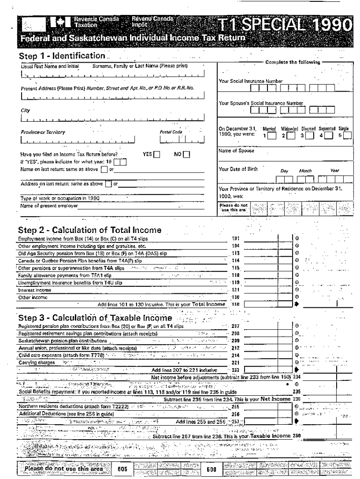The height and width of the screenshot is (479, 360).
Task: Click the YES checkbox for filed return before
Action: coord(157,154)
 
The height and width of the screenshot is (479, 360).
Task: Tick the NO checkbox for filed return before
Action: coord(187,154)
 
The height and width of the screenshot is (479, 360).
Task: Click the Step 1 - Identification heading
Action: coord(62,56)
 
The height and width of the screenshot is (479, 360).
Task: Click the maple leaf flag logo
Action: coord(59,22)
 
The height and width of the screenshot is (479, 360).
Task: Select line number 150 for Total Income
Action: coord(236,304)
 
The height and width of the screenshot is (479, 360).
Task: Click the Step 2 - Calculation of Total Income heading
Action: coord(89,230)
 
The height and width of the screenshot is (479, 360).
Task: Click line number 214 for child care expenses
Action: coord(236,356)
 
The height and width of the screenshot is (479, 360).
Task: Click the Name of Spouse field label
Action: coord(237,151)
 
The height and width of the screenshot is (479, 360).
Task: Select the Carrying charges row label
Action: coord(31,363)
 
